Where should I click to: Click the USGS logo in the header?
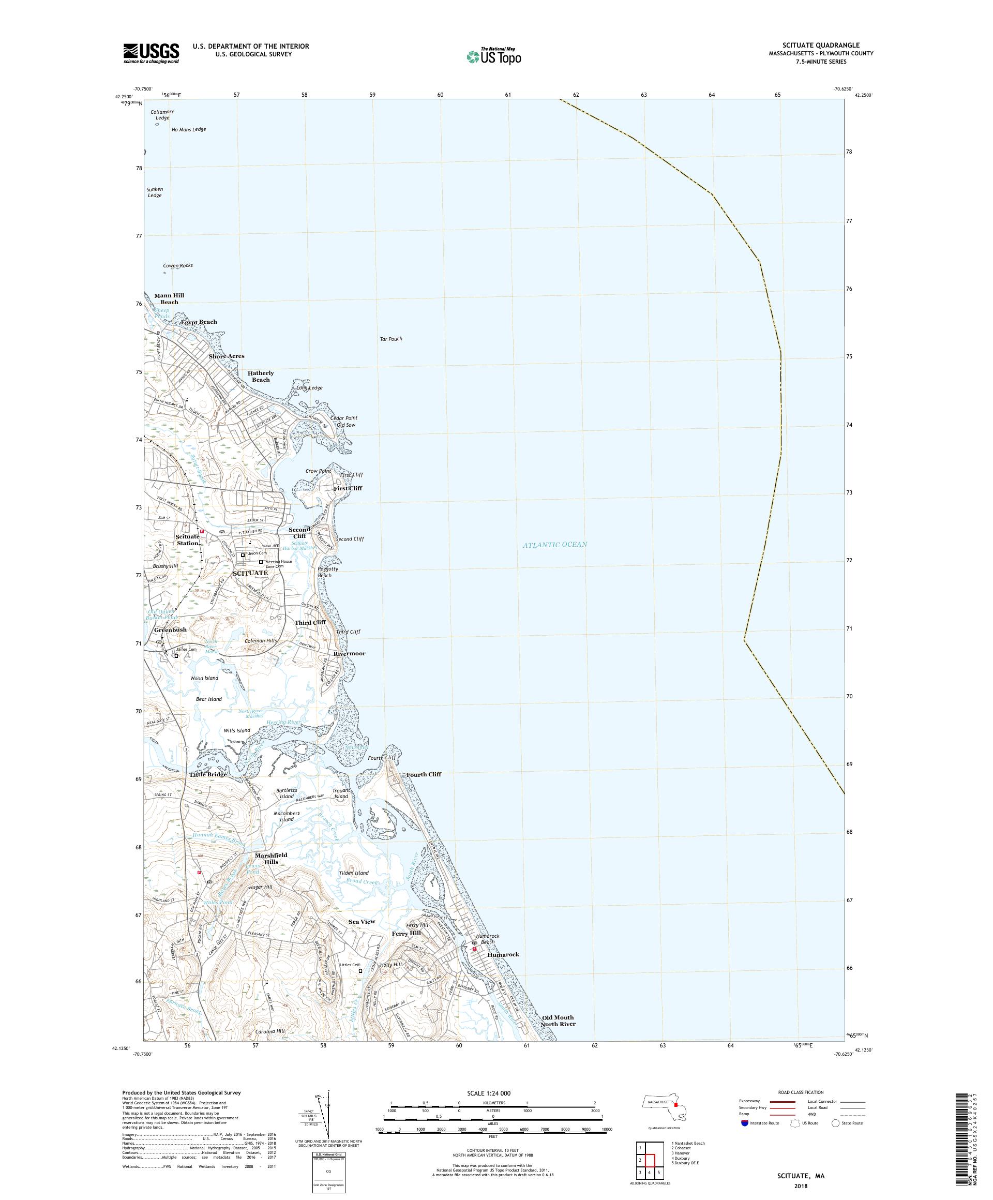pos(152,54)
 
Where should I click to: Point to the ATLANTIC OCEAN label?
pos(554,545)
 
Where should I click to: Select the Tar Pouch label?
pos(391,339)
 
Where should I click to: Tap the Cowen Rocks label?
pos(178,266)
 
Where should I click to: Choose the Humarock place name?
pos(503,954)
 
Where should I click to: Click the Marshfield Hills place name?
pos(271,874)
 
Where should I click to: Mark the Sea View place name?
pos(362,922)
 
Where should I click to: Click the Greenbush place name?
pos(170,629)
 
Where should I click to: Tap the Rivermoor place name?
pos(349,653)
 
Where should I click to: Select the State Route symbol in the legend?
pos(836,1123)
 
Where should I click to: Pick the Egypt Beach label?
pos(199,322)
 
